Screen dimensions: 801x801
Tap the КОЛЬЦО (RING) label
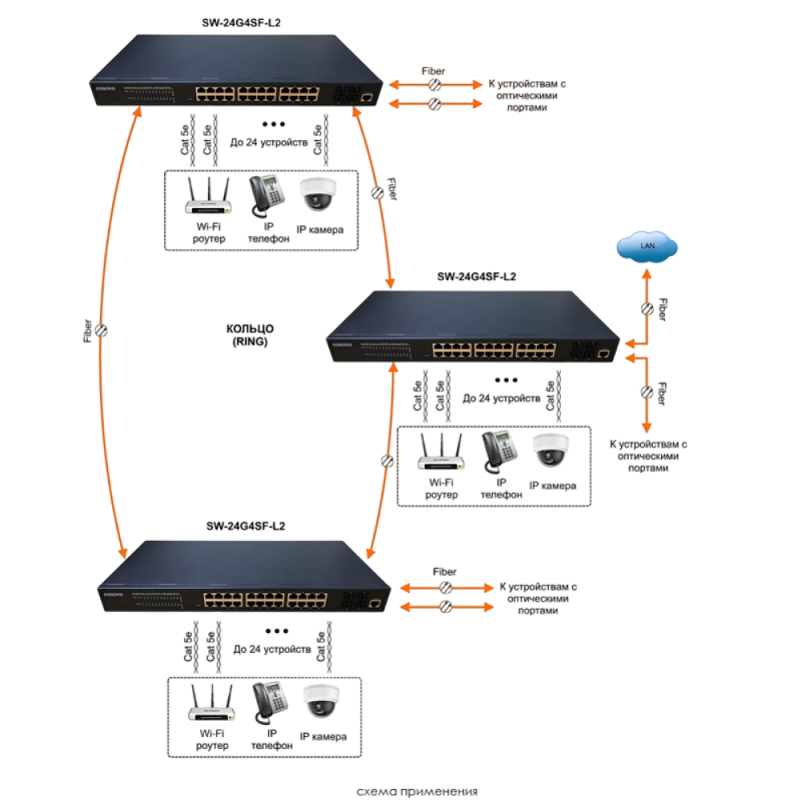tap(251, 335)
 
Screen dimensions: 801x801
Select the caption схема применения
tap(417, 791)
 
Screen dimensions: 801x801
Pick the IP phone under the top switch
tap(268, 195)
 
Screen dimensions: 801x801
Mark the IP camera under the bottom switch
tap(323, 702)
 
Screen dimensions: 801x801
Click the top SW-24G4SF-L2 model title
tap(240, 23)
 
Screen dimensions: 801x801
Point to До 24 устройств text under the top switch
tap(269, 144)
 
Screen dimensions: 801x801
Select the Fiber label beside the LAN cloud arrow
tap(662, 310)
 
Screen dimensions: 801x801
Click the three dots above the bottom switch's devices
tap(276, 631)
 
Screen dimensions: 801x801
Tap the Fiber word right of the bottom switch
tap(445, 572)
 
